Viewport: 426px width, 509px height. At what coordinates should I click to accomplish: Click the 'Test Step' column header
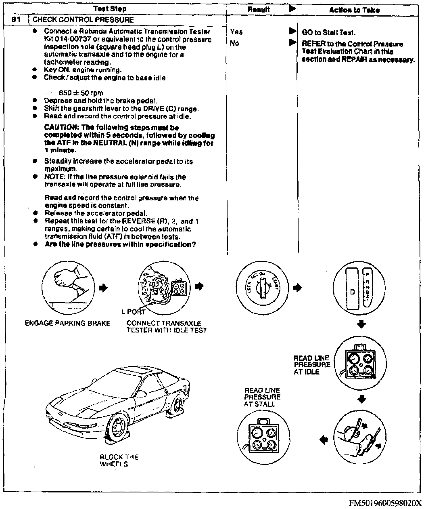(110, 8)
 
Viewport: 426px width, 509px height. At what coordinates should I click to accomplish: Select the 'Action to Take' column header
(354, 10)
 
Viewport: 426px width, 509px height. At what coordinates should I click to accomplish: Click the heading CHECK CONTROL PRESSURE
(83, 19)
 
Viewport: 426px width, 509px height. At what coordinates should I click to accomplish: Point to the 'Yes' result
(236, 32)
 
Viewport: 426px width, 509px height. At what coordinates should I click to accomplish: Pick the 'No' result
(234, 43)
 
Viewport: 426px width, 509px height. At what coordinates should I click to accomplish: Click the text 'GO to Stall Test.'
(328, 33)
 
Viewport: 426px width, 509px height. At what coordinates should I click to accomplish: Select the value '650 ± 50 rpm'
(81, 93)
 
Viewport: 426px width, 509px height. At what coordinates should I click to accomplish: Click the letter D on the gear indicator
(352, 292)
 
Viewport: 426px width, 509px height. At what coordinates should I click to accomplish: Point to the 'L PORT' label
(133, 311)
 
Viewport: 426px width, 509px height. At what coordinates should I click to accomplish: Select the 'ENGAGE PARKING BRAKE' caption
(67, 323)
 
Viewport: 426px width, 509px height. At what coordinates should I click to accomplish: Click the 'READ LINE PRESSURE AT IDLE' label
(312, 365)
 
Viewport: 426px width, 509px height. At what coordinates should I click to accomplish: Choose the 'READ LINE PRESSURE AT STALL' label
(262, 397)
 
